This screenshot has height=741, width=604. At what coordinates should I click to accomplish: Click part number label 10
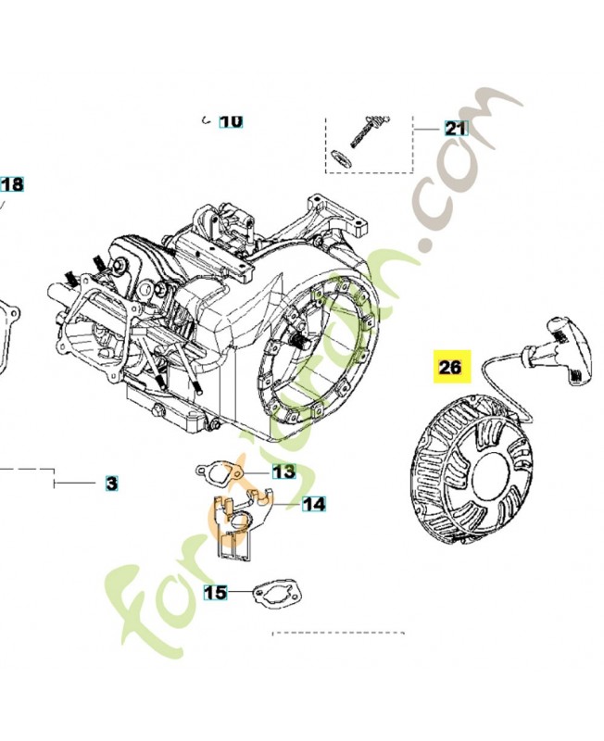(231, 120)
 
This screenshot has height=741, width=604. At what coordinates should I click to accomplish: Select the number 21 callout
(456, 129)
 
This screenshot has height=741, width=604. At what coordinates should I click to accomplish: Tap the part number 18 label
(11, 184)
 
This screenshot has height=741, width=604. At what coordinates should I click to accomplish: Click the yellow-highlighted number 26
(450, 368)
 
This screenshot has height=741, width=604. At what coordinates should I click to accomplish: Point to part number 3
(111, 484)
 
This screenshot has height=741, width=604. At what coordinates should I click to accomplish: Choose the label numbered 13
(283, 472)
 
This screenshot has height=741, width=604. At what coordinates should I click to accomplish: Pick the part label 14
(313, 504)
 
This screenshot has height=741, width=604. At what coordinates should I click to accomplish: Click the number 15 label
(215, 591)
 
